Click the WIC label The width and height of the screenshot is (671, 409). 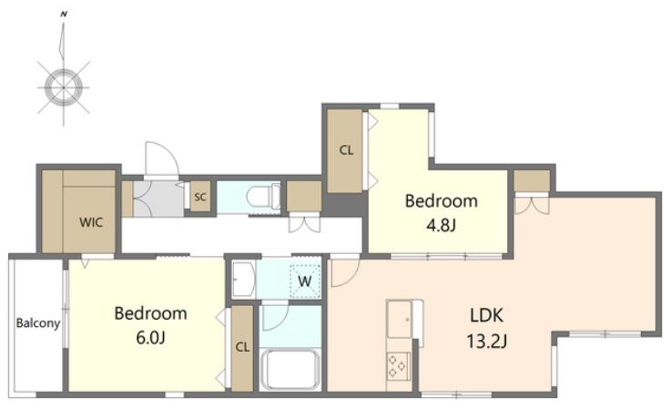[x=91, y=222]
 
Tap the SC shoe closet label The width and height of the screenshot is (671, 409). [x=200, y=197]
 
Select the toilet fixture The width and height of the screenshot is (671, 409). [x=263, y=197]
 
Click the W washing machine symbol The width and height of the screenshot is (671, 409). [x=305, y=281]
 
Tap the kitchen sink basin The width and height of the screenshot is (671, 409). [x=400, y=319]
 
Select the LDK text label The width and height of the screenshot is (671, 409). [x=486, y=316]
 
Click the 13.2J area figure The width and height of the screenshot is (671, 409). [x=486, y=342]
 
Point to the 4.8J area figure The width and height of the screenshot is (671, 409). [x=441, y=225]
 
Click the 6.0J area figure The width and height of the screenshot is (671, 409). [x=150, y=338]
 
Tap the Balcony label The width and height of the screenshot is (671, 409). [x=38, y=322]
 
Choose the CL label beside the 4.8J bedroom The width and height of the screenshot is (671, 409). [x=346, y=150]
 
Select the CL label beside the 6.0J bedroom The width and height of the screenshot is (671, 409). [x=242, y=347]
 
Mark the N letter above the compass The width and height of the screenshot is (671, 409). [x=64, y=15]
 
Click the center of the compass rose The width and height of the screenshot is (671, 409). [x=64, y=87]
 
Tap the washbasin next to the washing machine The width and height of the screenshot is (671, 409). [x=243, y=280]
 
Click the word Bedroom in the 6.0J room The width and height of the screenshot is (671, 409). [x=150, y=313]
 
